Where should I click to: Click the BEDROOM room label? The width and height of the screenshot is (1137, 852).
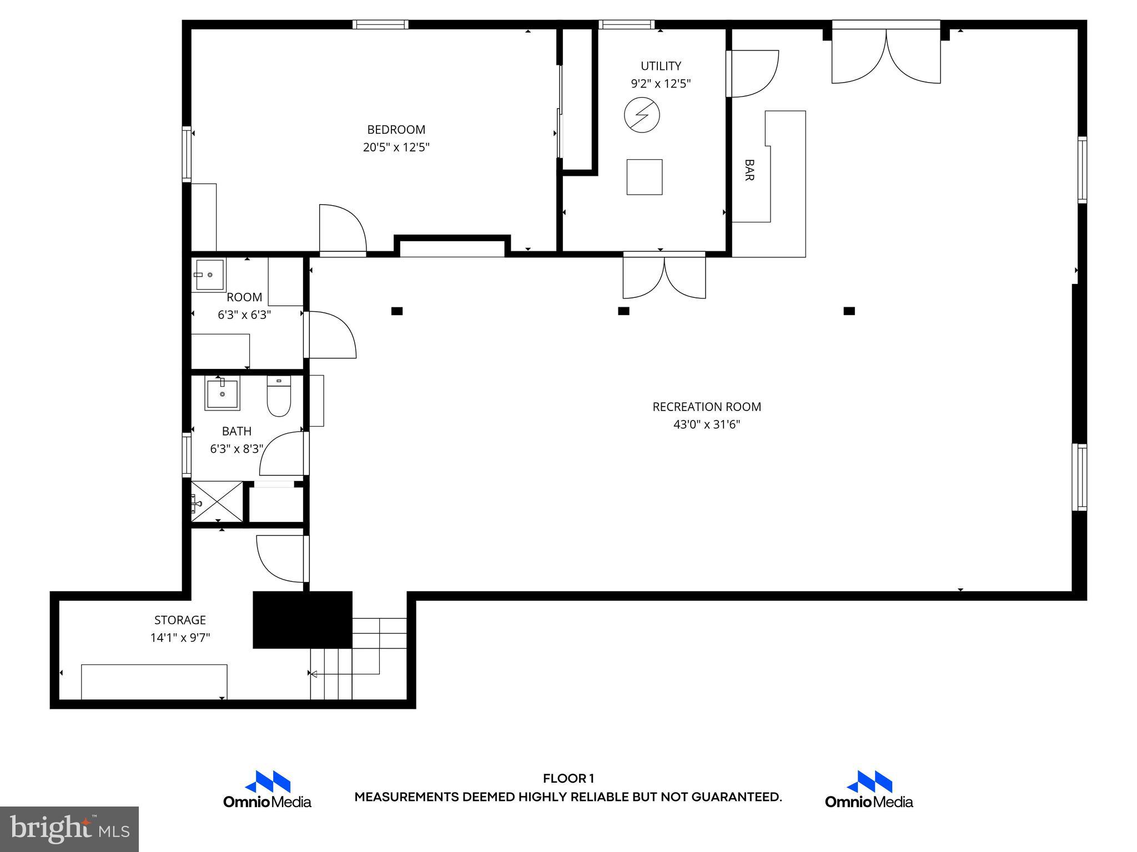[396, 130]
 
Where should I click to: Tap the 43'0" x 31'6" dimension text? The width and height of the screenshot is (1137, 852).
[707, 425]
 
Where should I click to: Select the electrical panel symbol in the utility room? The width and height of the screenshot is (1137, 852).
[642, 115]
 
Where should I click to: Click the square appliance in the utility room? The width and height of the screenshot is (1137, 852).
[644, 177]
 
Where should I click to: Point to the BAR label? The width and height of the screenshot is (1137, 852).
[749, 170]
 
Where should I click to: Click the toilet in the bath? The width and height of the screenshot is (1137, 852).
[279, 397]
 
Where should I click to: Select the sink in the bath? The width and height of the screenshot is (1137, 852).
[222, 393]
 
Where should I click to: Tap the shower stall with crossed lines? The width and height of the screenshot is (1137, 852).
[217, 501]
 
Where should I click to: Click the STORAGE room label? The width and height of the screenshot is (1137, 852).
[180, 620]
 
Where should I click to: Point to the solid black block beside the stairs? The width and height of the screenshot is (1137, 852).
[303, 620]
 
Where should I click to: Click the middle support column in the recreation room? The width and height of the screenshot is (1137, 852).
[623, 311]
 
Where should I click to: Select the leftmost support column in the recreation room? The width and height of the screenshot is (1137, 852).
[397, 311]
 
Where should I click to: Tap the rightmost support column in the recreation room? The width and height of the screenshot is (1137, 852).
[849, 311]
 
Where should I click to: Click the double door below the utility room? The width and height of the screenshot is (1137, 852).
[664, 276]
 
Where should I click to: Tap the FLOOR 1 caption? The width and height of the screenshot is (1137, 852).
[568, 779]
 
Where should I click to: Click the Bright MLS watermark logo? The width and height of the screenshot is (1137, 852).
[69, 829]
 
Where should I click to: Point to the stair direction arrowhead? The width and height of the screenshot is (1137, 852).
[314, 674]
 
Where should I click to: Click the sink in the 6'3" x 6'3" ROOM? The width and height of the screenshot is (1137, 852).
[209, 275]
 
